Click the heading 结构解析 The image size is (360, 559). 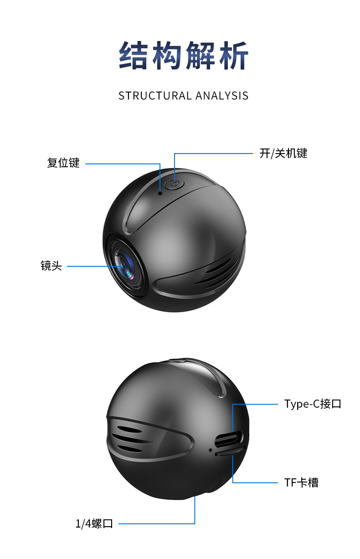(184, 56)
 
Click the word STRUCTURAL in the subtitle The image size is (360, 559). (155, 96)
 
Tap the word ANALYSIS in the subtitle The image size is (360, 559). (222, 96)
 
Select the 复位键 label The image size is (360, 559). (63, 163)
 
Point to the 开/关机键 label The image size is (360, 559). (283, 153)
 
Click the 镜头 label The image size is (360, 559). (51, 266)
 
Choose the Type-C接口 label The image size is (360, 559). (313, 404)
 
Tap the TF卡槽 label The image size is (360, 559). (301, 482)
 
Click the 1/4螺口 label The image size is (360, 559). (94, 523)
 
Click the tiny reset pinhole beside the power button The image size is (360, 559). (160, 193)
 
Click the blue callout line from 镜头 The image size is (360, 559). (91, 266)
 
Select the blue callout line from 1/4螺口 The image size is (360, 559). (155, 523)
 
